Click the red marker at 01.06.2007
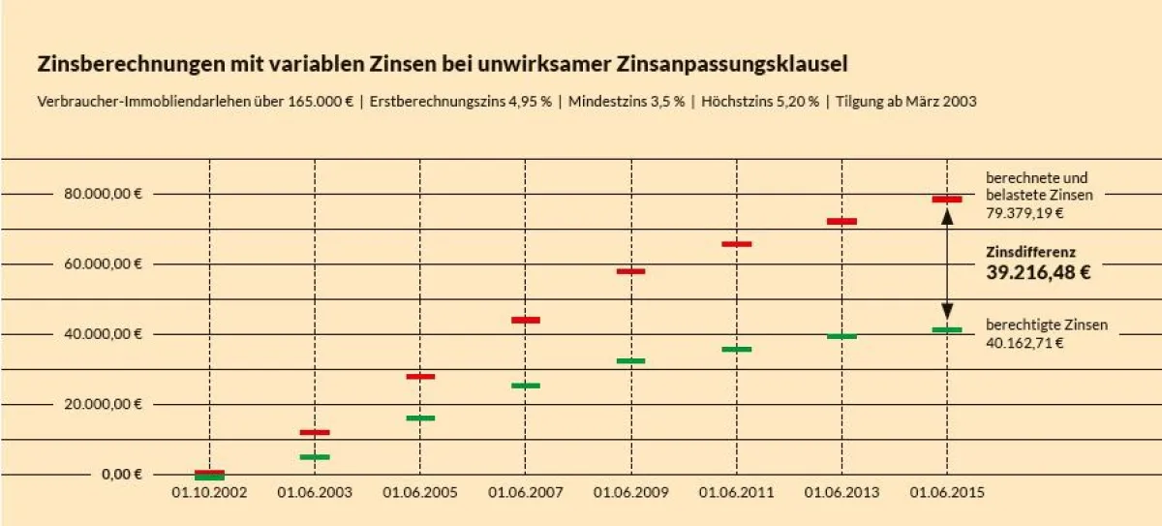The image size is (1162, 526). (526, 320)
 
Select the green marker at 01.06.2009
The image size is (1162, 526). (630, 360)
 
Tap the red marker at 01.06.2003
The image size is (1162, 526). (315, 432)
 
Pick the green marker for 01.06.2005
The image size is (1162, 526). (420, 418)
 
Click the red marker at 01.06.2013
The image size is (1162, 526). (841, 222)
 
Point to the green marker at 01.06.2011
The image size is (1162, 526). (736, 349)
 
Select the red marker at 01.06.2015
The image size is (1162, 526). (947, 200)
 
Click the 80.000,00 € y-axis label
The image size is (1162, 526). (104, 194)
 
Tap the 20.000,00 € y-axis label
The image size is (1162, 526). (104, 404)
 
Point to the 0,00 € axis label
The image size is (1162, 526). (122, 474)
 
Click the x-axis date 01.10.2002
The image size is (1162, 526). (210, 493)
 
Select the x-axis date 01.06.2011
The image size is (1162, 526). (737, 493)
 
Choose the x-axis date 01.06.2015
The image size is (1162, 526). (947, 493)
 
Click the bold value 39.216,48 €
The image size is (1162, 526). (1038, 272)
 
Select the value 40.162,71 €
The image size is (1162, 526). (1024, 343)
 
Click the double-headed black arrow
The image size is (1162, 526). (948, 264)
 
